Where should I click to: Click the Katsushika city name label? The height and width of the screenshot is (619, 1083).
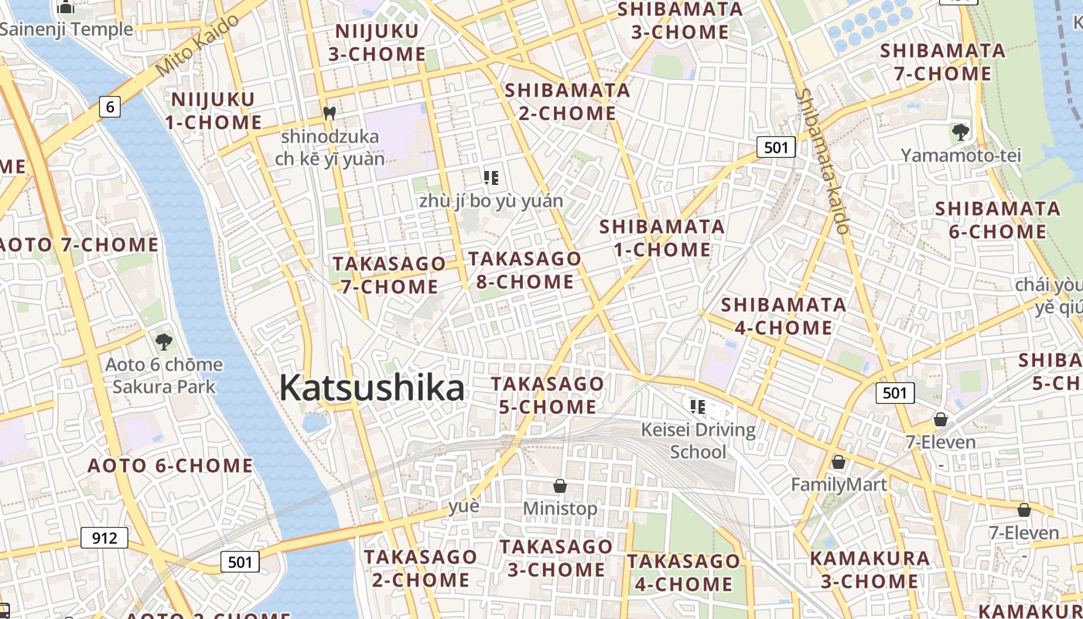coord(371,388)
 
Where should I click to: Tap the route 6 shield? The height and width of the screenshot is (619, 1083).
coord(110,107)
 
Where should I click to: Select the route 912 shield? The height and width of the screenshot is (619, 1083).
coord(104,537)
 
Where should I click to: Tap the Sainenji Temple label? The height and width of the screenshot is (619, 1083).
coord(67,30)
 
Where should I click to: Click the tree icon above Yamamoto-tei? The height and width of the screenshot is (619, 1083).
coord(961,132)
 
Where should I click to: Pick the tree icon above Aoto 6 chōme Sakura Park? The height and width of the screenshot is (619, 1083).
coord(163,341)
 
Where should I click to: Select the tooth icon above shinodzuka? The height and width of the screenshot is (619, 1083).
coord(330,113)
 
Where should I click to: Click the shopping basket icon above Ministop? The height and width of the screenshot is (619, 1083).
coord(560,486)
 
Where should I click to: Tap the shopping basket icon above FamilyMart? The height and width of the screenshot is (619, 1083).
coord(838,462)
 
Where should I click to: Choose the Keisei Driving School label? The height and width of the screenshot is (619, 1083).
coord(699,440)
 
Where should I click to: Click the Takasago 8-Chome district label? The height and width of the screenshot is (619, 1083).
coord(524,270)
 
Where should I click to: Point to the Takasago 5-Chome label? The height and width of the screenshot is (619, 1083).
coord(548,395)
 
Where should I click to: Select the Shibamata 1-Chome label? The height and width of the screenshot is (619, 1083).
coord(662,238)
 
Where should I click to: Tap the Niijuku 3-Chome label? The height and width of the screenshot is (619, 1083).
coord(377,43)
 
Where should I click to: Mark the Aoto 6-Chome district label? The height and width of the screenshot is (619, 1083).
coord(170,466)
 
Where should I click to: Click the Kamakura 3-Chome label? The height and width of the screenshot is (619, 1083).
coord(869,569)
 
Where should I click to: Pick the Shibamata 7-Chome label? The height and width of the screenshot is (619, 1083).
coord(942,62)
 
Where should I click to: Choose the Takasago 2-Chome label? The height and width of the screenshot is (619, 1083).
coord(421,568)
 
